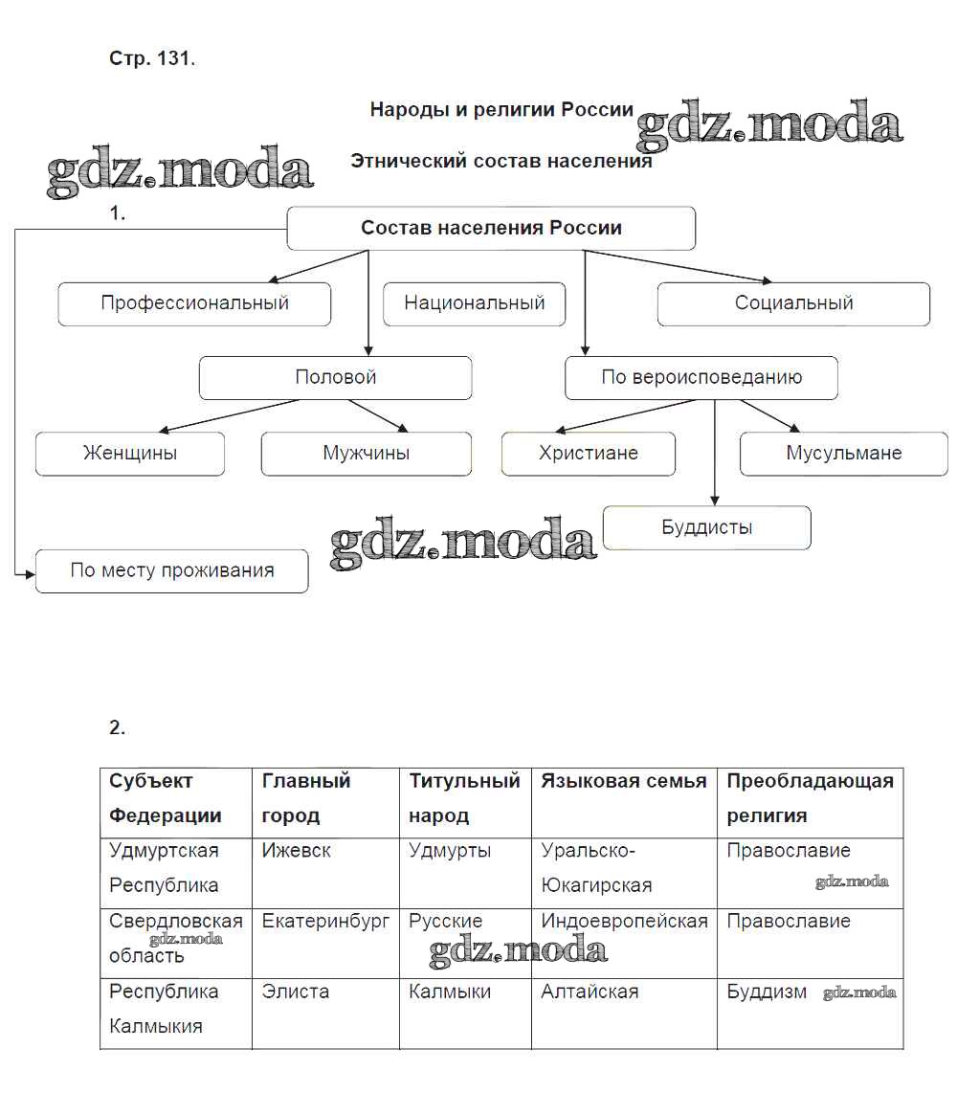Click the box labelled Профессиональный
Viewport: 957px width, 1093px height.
pyautogui.click(x=194, y=303)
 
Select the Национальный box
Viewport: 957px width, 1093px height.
pyautogui.click(x=474, y=303)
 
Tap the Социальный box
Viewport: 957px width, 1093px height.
pyautogui.click(x=793, y=303)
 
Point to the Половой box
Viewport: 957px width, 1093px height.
pyautogui.click(x=335, y=377)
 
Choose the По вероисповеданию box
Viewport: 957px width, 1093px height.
pyautogui.click(x=701, y=377)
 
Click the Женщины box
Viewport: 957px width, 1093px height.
pyautogui.click(x=129, y=453)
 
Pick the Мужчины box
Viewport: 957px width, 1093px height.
pyautogui.click(x=366, y=453)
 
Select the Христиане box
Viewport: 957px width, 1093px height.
pyautogui.click(x=588, y=453)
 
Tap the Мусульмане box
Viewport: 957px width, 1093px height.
pyautogui.click(x=843, y=453)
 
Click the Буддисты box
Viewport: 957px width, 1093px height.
pyautogui.click(x=706, y=527)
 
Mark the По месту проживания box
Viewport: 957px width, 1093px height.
pyautogui.click(x=172, y=570)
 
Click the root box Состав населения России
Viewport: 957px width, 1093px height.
pyautogui.click(x=491, y=228)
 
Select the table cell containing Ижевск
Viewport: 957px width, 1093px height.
pyautogui.click(x=325, y=872)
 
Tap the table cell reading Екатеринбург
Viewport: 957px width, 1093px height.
pyautogui.click(x=325, y=942)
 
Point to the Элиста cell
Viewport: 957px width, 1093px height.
pyautogui.click(x=325, y=1013)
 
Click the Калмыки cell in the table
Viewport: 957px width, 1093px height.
pyautogui.click(x=465, y=1013)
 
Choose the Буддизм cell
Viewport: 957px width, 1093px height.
pyautogui.click(x=810, y=1013)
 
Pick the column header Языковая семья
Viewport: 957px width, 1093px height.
pyautogui.click(x=624, y=802)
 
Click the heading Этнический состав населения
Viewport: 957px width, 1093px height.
pyautogui.click(x=501, y=161)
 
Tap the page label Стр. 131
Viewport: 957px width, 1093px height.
pyautogui.click(x=153, y=59)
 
